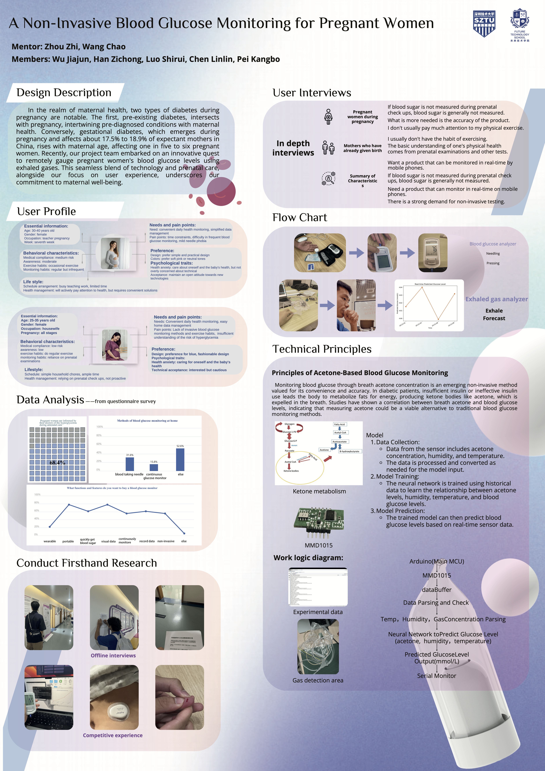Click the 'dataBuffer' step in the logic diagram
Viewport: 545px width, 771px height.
437,590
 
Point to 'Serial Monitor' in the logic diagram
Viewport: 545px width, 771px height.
437,676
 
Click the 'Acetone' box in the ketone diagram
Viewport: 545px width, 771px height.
324,450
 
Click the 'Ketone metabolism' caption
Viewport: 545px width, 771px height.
319,491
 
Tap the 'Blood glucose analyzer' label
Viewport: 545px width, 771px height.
493,244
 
